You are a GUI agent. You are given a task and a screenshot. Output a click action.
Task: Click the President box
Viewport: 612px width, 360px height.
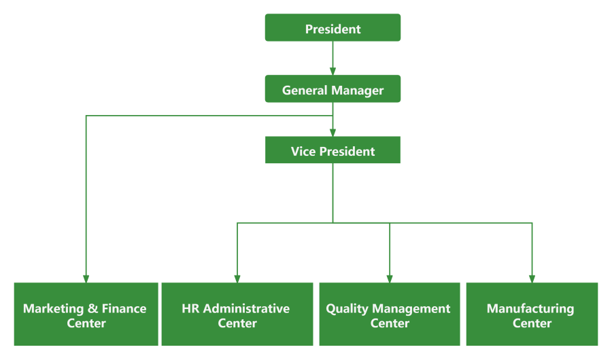point(333,29)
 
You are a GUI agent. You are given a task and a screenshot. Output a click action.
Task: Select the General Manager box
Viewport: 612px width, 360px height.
point(333,90)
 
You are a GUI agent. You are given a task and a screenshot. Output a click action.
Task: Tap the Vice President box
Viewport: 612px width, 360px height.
point(333,150)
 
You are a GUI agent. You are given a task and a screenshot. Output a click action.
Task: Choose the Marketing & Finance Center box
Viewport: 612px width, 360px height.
point(86,314)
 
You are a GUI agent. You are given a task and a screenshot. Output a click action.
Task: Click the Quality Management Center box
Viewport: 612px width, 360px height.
point(389,314)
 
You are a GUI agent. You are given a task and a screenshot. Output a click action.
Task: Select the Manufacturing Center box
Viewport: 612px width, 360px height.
point(531,314)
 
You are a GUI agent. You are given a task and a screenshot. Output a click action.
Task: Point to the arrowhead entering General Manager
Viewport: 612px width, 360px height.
point(333,71)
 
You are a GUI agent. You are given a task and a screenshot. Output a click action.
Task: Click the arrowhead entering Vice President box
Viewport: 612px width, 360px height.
point(333,132)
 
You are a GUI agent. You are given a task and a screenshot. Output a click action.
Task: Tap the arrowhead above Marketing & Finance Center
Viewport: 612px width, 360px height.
point(86,278)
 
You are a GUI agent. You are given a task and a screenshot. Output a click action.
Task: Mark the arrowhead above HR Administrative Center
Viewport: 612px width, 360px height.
point(237,278)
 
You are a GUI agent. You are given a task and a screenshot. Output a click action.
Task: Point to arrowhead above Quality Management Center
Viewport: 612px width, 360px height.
point(390,278)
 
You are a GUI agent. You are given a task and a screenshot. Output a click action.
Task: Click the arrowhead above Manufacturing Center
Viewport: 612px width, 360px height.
point(532,278)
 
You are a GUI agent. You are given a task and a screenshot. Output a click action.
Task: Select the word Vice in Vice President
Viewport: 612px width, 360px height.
point(303,151)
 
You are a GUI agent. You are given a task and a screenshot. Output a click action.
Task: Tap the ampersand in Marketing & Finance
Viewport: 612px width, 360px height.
point(92,308)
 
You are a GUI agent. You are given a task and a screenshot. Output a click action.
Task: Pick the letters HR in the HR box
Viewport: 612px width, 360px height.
point(191,308)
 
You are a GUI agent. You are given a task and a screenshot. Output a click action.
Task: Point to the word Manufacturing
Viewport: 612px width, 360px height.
point(530,308)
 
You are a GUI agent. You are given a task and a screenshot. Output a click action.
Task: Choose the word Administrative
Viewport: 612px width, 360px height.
point(246,308)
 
